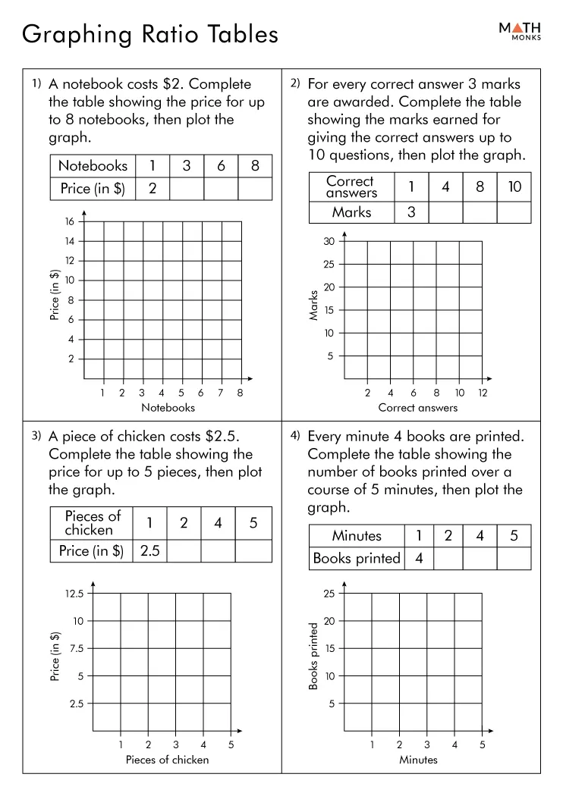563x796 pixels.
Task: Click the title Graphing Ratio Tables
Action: coord(150,34)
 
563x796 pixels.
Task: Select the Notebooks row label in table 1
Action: coord(93,166)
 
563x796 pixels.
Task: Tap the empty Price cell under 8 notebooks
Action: coord(255,189)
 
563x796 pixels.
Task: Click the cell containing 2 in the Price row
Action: coord(153,189)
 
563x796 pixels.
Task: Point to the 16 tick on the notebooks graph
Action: coord(69,221)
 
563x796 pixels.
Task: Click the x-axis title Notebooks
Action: coord(168,408)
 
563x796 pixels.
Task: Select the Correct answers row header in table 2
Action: coord(351,187)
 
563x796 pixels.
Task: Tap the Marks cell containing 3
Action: coord(411,212)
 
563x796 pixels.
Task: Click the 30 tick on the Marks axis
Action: coord(329,242)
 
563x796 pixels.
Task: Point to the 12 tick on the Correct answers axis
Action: coord(483,393)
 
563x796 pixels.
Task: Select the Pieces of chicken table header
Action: coord(93,523)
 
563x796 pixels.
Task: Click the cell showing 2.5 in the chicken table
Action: coord(150,551)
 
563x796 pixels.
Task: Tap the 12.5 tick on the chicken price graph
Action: coord(74,594)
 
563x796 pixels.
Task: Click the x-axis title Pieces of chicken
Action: coord(167,760)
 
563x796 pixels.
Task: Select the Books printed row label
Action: coord(356,559)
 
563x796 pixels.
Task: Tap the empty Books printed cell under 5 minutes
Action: coord(514,559)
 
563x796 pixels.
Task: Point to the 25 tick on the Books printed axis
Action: coord(329,594)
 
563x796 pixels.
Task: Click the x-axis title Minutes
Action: coord(418,760)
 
